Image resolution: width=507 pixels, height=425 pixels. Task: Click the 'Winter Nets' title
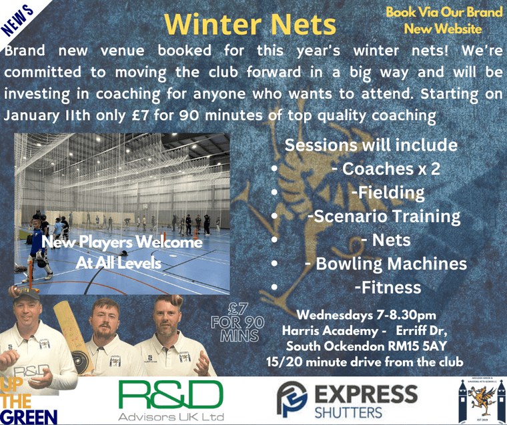250,25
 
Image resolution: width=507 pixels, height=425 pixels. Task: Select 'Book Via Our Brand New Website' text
443,21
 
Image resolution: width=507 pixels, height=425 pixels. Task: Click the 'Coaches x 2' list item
385,169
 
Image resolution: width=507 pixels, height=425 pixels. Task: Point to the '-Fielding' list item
388,193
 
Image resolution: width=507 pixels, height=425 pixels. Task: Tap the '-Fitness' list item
388,288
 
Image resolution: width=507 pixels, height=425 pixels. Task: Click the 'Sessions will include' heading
371,145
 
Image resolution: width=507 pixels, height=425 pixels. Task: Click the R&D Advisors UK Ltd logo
171,400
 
